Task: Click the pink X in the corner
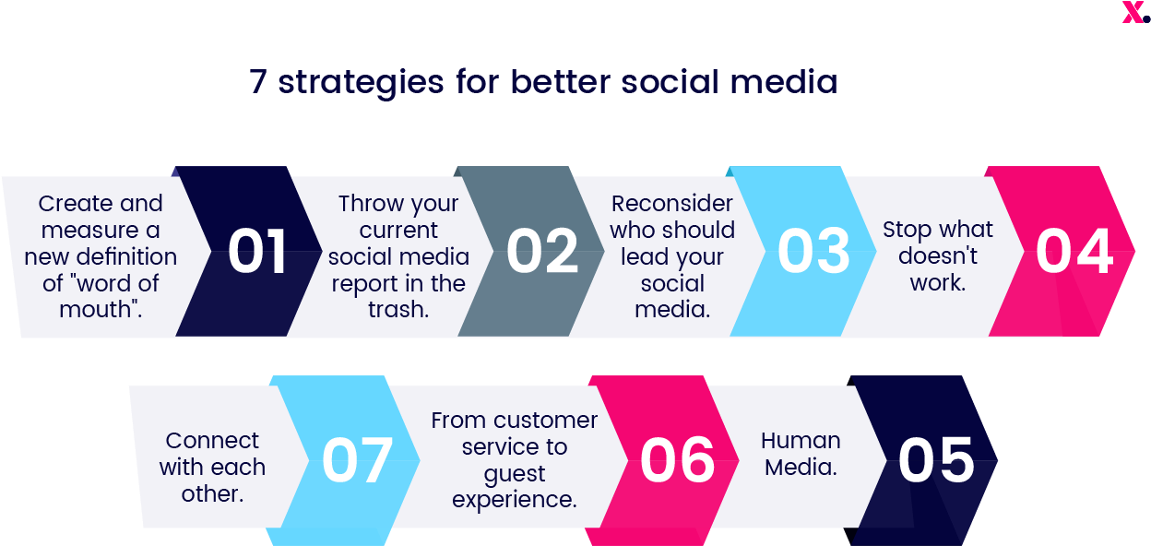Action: point(1133,13)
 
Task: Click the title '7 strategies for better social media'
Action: point(543,83)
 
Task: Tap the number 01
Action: point(257,252)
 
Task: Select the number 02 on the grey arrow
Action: point(542,252)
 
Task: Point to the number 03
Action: point(813,252)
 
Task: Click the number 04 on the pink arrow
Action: point(1074,252)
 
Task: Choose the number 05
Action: point(936,460)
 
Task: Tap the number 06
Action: point(678,460)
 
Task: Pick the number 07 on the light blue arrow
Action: point(358,460)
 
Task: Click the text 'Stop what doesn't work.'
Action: point(938,255)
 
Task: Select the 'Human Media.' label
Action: point(801,454)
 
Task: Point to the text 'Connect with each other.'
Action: point(212,467)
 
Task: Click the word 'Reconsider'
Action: point(672,204)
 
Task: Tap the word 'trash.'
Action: point(398,310)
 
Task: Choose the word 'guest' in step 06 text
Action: point(515,474)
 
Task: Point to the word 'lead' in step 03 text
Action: point(645,257)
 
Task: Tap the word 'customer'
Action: point(544,421)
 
